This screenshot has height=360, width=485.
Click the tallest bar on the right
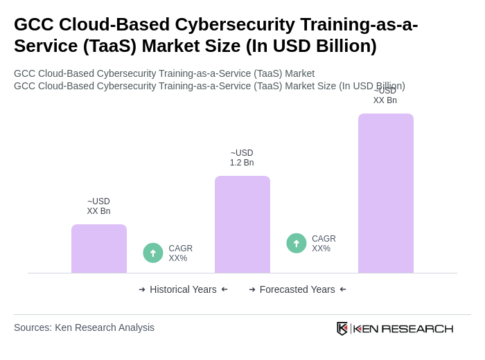click(x=385, y=193)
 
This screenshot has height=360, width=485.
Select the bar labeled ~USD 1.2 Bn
click(x=242, y=224)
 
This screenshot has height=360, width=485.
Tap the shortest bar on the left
click(x=98, y=249)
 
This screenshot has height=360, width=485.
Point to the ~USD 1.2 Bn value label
click(x=242, y=158)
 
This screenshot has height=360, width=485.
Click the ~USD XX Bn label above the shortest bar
click(x=98, y=206)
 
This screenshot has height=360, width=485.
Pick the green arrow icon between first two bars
click(x=153, y=253)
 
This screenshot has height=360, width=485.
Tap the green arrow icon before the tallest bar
click(x=297, y=243)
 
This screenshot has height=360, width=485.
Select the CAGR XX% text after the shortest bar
click(x=180, y=253)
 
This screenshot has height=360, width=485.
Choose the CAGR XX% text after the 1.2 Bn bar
click(x=324, y=244)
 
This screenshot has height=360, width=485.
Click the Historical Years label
click(x=183, y=289)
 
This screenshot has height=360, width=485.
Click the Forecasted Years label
click(x=297, y=289)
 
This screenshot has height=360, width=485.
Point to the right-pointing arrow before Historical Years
click(x=142, y=289)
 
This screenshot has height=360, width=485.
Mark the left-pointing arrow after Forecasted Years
click(x=343, y=289)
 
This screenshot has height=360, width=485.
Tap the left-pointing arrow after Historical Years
click(x=224, y=289)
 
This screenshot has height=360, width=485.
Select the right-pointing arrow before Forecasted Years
click(x=252, y=289)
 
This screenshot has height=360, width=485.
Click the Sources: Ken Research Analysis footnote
click(x=84, y=327)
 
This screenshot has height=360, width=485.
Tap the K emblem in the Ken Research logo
click(x=342, y=328)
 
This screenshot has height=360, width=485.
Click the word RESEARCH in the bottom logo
click(x=417, y=328)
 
